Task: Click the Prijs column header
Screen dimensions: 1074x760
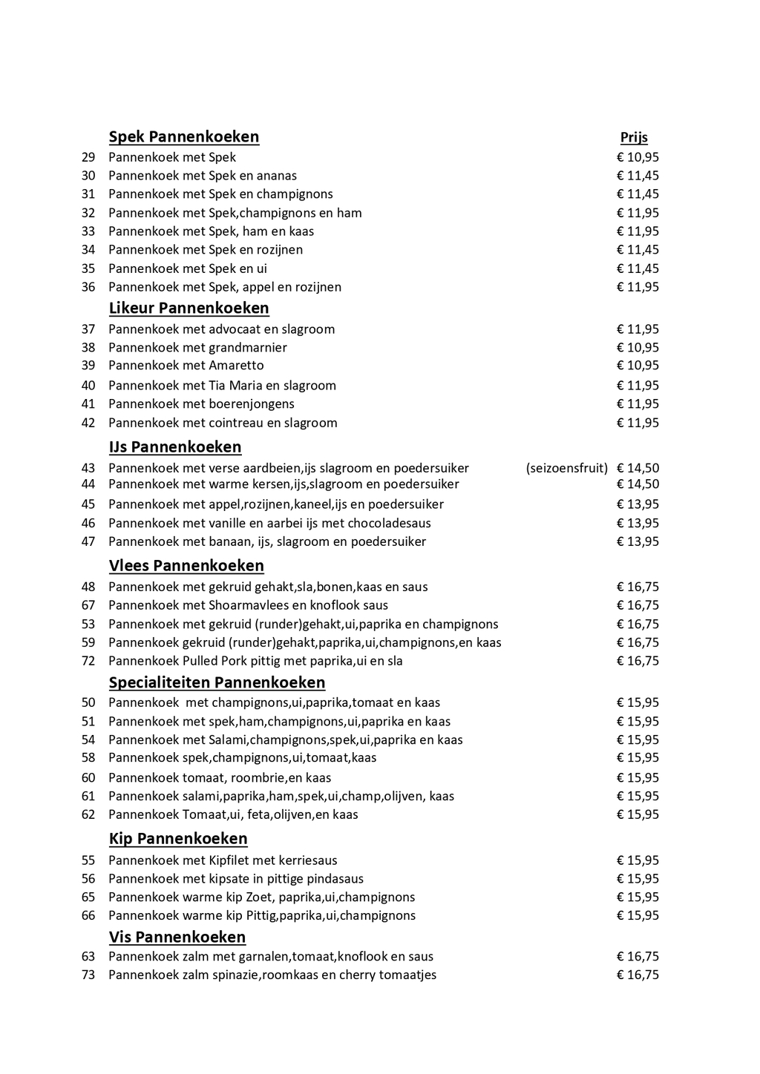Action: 634,137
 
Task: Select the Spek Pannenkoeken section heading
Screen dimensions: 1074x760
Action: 184,136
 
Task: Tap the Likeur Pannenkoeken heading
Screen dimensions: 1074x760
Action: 189,308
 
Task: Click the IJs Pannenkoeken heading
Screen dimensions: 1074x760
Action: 175,447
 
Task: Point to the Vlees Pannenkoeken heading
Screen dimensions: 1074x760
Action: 186,566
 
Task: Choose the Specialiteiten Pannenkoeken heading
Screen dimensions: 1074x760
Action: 217,682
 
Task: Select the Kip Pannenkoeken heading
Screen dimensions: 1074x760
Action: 178,839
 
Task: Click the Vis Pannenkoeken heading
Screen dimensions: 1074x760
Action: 177,937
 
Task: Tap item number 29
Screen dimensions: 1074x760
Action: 88,157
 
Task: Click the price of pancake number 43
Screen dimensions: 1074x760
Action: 638,468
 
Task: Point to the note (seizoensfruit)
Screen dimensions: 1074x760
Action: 567,468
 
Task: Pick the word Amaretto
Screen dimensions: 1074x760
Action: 236,366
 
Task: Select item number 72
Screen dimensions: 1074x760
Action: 88,661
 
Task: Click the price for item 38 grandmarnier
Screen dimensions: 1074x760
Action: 638,347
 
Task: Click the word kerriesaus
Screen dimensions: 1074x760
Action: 307,860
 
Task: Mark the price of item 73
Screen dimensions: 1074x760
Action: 638,975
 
